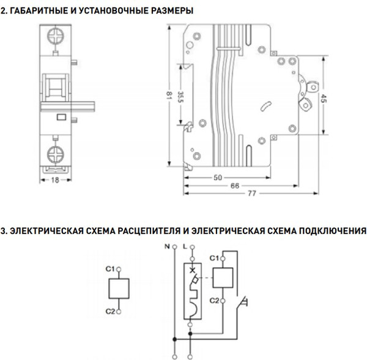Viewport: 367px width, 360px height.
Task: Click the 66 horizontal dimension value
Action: coord(234,185)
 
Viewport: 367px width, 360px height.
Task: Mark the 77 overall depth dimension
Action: coord(251,193)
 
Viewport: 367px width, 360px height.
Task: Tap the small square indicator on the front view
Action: coord(61,118)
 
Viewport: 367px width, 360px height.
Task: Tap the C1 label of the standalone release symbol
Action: coord(110,268)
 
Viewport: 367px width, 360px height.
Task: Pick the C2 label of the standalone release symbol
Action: coord(110,312)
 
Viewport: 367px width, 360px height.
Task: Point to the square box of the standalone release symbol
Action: coord(120,290)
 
